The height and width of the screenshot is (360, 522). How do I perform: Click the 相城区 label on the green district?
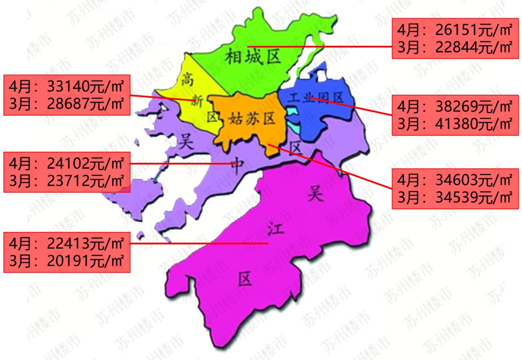[253, 58]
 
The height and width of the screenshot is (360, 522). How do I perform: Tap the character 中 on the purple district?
[236, 165]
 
